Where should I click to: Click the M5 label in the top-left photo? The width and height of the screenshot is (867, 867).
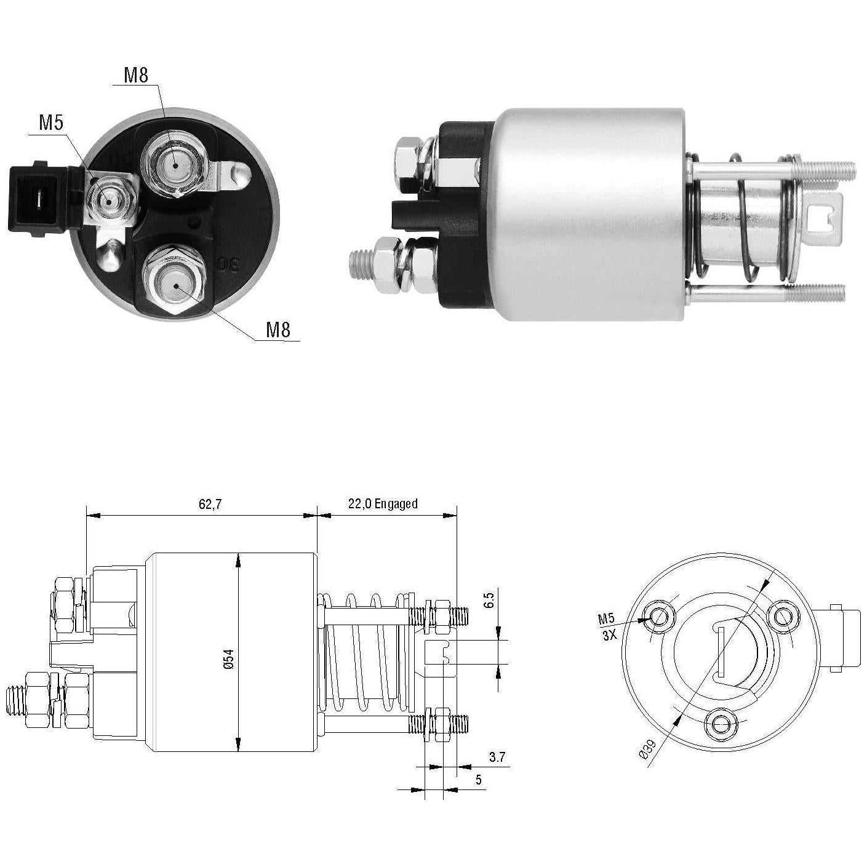(x=51, y=122)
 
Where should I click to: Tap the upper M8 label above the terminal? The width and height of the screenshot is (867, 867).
(x=136, y=75)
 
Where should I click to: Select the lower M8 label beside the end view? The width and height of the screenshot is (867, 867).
(x=278, y=330)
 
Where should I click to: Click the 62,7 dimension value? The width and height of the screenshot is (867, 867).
(x=210, y=504)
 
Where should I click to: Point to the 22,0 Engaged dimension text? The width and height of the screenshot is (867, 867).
(x=383, y=504)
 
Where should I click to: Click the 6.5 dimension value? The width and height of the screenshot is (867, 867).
(x=490, y=599)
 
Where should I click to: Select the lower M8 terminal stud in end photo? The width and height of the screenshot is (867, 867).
(x=174, y=282)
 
